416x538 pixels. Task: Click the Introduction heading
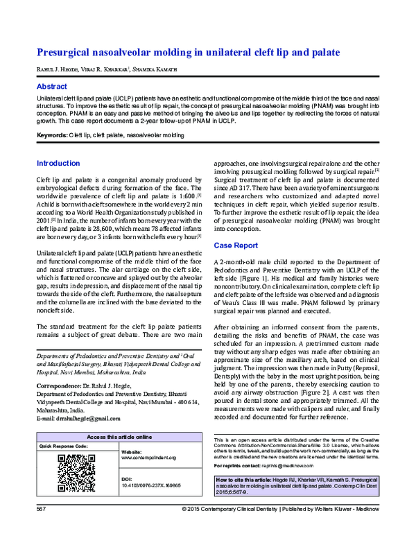tap(58, 164)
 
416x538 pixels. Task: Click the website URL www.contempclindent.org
tap(149, 458)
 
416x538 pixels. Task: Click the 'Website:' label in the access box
tap(131, 451)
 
